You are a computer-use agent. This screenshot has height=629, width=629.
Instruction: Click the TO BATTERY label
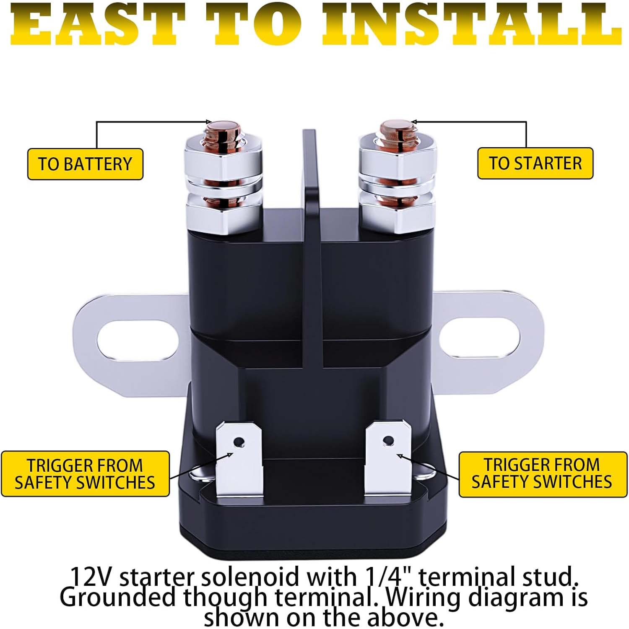coord(85,164)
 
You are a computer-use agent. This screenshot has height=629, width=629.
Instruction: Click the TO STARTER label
coord(535,163)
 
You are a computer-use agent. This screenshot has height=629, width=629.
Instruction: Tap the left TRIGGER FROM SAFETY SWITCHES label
coord(85,474)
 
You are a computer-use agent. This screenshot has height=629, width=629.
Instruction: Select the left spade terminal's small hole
coord(239,442)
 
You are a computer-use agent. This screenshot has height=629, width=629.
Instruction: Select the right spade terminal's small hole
coord(389,441)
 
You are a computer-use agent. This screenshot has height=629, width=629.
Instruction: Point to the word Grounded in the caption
coord(117,598)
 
